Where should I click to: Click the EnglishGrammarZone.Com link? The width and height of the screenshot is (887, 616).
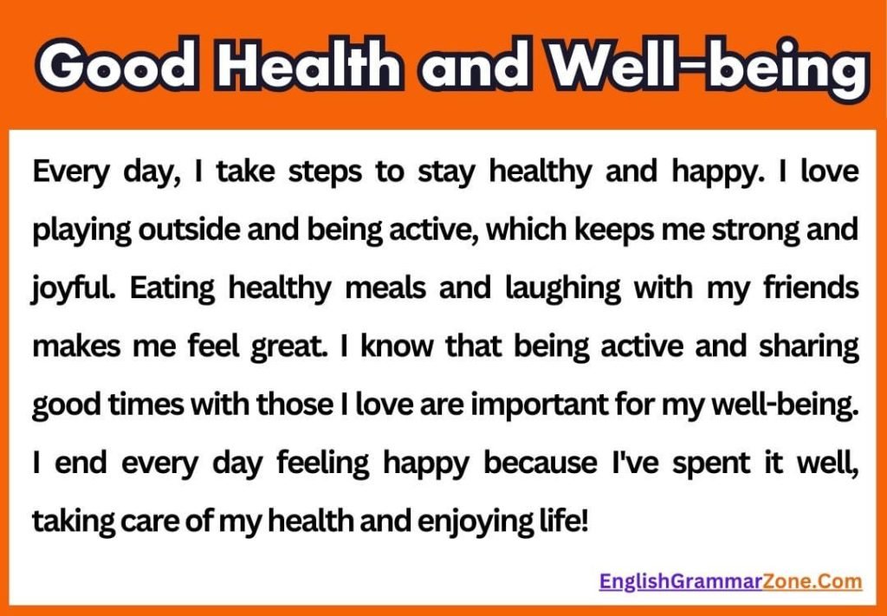[730, 581]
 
